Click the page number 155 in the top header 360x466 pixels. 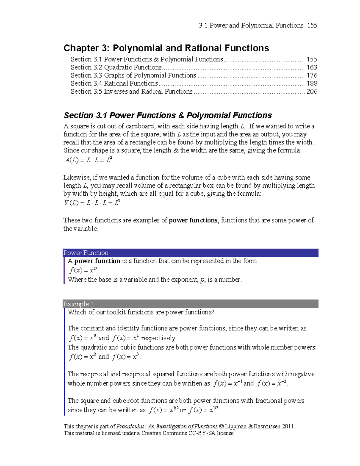click(312, 26)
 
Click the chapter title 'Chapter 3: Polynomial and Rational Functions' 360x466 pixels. click(166, 48)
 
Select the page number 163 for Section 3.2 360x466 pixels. click(312, 68)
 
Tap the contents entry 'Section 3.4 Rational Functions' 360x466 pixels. click(114, 83)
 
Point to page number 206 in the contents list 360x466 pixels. click(312, 92)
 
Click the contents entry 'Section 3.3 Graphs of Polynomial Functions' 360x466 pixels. click(133, 75)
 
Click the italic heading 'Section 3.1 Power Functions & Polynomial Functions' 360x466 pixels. click(168, 116)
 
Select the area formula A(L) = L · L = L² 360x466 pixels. click(88, 160)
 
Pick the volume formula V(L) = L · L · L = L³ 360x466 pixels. click(92, 203)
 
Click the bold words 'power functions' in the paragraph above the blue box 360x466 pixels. click(193, 220)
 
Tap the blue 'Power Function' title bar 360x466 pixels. click(190, 253)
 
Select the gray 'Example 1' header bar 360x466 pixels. click(190, 304)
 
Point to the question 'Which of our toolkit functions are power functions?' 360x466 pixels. click(141, 312)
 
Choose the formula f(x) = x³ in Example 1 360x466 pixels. click(125, 357)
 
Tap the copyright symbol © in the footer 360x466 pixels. click(221, 426)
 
